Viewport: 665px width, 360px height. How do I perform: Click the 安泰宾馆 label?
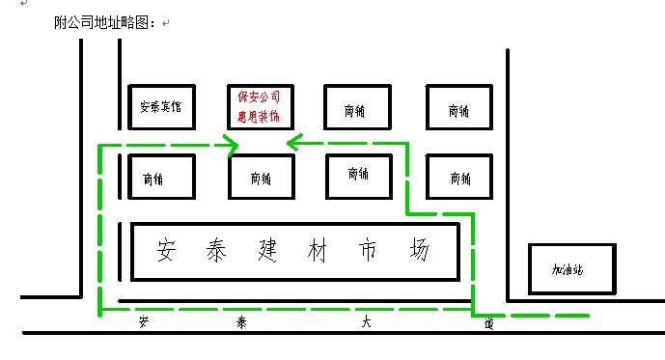tap(160, 107)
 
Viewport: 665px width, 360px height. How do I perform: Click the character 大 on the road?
tap(366, 324)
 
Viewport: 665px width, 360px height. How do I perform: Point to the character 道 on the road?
tap(489, 324)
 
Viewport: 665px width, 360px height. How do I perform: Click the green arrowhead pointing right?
tap(231, 146)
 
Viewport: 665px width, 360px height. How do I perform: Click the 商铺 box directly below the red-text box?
tap(261, 178)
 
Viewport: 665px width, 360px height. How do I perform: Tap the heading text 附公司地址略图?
tap(105, 21)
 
